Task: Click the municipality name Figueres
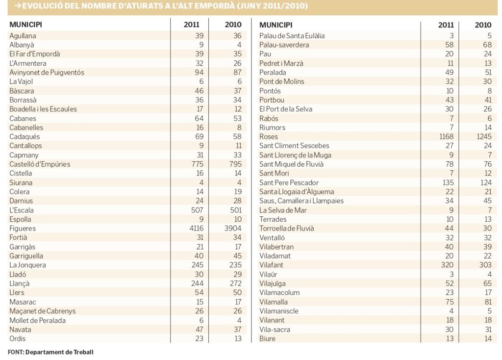[23, 229]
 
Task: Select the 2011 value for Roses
[446, 136]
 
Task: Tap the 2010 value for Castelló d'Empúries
[235, 164]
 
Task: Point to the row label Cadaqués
[25, 137]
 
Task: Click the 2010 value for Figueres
[233, 229]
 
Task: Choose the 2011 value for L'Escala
[197, 210]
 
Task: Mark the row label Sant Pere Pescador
[289, 182]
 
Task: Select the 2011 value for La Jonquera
[197, 265]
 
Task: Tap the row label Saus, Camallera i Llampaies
[301, 201]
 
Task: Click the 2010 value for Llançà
[235, 283]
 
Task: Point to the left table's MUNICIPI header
[25, 25]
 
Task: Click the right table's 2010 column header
[483, 25]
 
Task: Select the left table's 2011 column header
[192, 25]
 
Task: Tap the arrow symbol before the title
[18, 6]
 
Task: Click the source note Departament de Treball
[59, 352]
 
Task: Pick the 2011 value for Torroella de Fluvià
[449, 229]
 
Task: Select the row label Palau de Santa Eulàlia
[292, 35]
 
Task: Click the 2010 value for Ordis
[238, 338]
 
